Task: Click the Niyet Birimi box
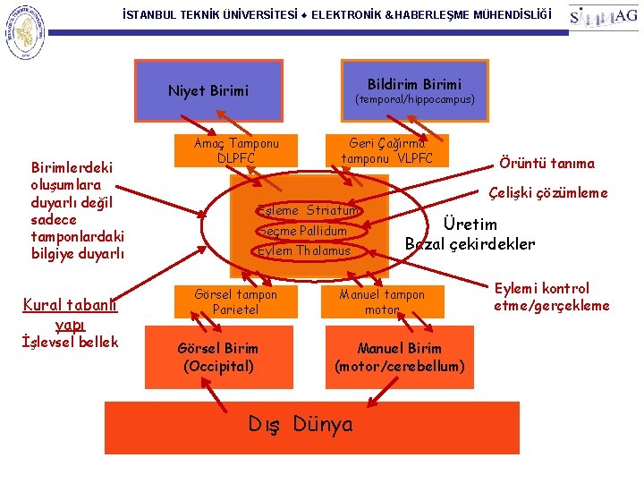coord(208,90)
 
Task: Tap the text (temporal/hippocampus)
coord(415,99)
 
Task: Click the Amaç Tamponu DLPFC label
coord(236,150)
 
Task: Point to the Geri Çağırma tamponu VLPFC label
coord(386,150)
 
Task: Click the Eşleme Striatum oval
coord(308,210)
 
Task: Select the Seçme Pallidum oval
coord(301,231)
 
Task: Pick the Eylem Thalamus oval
coord(304,250)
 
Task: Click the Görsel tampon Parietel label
coord(236,301)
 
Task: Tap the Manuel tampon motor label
coord(382,301)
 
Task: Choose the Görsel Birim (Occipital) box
coord(218,356)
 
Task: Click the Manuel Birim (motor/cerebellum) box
coord(399,356)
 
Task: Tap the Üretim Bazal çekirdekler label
coord(470,233)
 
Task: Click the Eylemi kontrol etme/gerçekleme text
coord(551,297)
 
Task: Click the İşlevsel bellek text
coord(70,342)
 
